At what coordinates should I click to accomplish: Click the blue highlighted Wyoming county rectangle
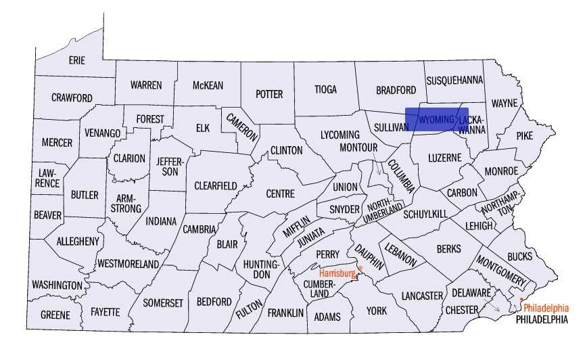pyautogui.click(x=436, y=119)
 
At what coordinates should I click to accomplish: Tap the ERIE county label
pyautogui.click(x=77, y=60)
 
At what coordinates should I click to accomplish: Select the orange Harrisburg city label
pyautogui.click(x=337, y=273)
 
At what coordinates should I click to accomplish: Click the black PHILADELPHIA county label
pyautogui.click(x=542, y=319)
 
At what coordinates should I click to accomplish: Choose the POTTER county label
pyautogui.click(x=268, y=94)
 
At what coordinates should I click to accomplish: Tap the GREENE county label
pyautogui.click(x=55, y=315)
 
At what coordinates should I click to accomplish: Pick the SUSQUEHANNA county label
pyautogui.click(x=454, y=80)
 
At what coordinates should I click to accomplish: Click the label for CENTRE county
pyautogui.click(x=280, y=194)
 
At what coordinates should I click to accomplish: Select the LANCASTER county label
pyautogui.click(x=421, y=296)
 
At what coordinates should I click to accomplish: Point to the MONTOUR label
pyautogui.click(x=358, y=147)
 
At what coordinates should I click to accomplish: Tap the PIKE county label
pyautogui.click(x=524, y=135)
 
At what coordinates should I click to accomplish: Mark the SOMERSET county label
pyautogui.click(x=162, y=303)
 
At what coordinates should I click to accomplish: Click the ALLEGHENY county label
pyautogui.click(x=78, y=241)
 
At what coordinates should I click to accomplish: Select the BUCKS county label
pyautogui.click(x=519, y=256)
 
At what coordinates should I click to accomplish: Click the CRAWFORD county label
pyautogui.click(x=72, y=98)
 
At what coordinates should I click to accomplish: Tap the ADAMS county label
pyautogui.click(x=328, y=317)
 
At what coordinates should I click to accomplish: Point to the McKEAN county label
pyautogui.click(x=208, y=85)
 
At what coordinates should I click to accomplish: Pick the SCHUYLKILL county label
pyautogui.click(x=425, y=214)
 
